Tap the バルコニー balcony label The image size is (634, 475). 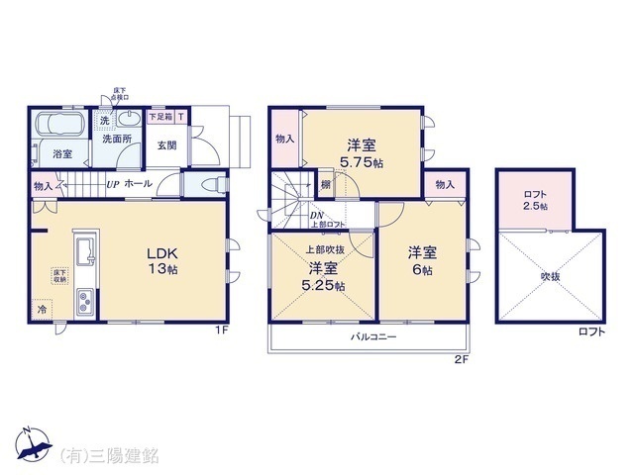373,336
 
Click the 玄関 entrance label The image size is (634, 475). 166,145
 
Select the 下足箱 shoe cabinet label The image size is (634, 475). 160,117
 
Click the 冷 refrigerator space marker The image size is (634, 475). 42,309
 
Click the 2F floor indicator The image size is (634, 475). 463,357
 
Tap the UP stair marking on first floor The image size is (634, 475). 114,184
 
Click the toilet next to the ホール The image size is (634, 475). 206,184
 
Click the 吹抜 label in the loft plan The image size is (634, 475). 550,276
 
